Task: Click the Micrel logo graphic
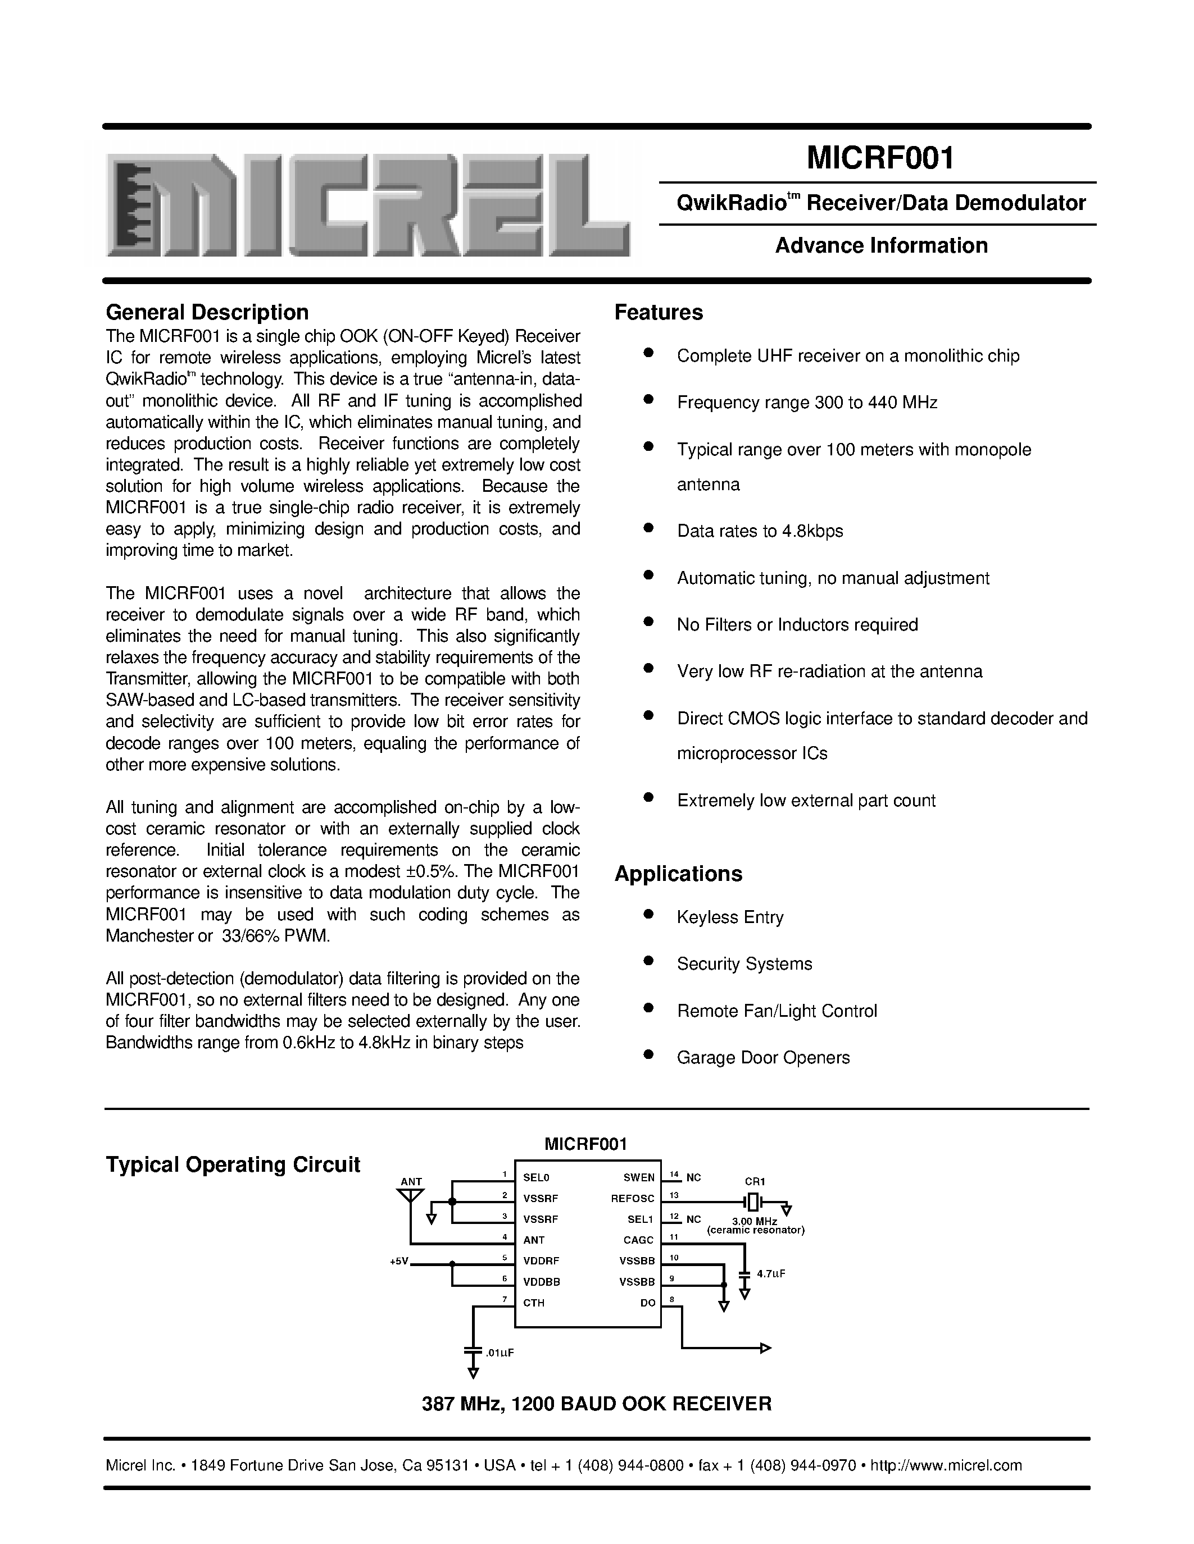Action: [x=368, y=205]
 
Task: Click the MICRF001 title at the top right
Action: [x=880, y=158]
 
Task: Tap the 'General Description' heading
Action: [x=207, y=313]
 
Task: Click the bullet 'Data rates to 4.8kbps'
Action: [x=760, y=531]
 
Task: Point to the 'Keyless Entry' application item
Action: [x=730, y=917]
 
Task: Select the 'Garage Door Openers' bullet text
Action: [x=762, y=1058]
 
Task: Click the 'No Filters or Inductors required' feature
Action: [x=797, y=625]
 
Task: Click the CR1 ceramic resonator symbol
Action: [x=753, y=1201]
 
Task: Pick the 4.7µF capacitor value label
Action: [x=771, y=1273]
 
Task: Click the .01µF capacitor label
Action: [x=499, y=1353]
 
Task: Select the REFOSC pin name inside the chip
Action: [x=632, y=1198]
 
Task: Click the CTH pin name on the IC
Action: [x=533, y=1302]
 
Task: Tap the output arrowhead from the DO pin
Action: [x=765, y=1348]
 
